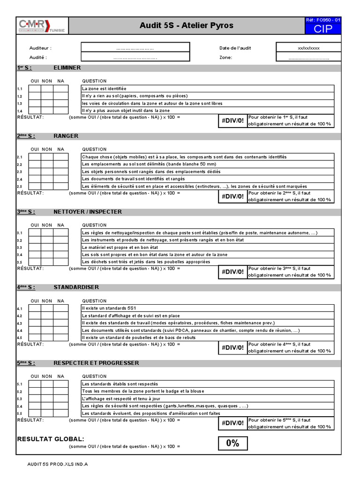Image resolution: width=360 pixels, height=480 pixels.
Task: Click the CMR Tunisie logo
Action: point(42,25)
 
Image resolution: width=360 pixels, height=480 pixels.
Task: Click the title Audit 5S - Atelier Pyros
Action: point(186,25)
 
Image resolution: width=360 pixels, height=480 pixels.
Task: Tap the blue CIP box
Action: point(323,29)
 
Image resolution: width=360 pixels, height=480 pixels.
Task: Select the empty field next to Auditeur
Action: point(135,48)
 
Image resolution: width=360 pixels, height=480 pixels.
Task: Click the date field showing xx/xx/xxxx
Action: point(308,48)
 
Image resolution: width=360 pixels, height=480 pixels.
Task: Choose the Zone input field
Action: point(308,58)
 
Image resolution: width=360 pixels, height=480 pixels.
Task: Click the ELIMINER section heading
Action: point(67,68)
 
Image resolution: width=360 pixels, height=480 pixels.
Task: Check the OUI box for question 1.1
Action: point(34,89)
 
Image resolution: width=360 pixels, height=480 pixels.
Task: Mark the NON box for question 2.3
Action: point(47,172)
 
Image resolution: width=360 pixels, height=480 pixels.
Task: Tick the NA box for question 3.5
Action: point(60,262)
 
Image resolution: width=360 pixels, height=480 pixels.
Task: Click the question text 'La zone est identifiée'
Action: point(104,89)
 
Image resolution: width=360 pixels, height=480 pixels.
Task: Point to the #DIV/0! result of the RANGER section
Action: point(232,196)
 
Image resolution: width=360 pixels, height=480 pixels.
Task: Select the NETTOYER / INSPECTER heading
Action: point(88,212)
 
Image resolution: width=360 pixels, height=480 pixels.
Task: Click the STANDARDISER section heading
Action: point(76,287)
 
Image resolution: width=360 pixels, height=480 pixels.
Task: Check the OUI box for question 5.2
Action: point(34,391)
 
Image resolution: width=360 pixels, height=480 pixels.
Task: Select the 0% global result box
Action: point(232,443)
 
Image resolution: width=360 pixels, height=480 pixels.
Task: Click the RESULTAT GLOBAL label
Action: point(51,439)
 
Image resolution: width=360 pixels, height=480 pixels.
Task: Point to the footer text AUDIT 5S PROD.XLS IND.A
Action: point(58,464)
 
